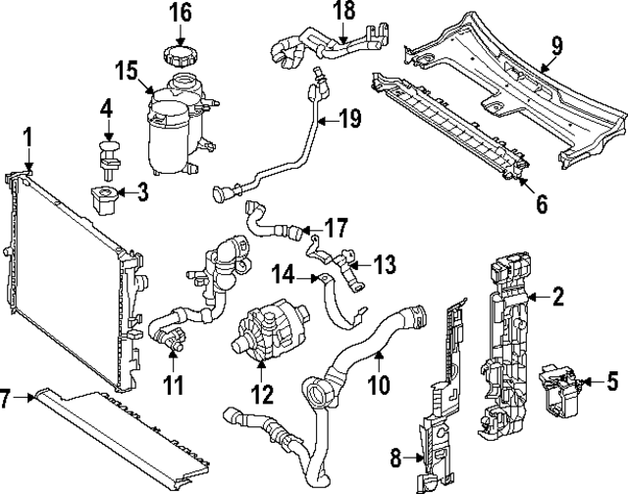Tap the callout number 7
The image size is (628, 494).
(7, 399)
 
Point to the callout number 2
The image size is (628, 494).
(558, 296)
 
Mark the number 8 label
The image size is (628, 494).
(396, 457)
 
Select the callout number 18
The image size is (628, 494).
(343, 12)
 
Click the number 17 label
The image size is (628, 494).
(336, 228)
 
